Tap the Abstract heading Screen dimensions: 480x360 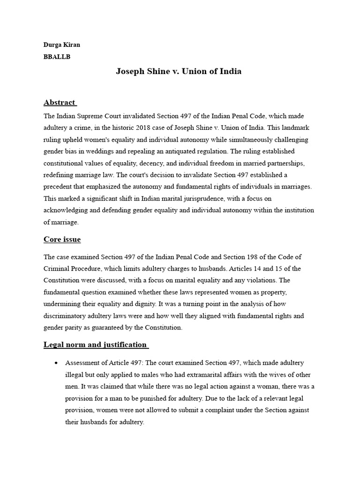coord(60,102)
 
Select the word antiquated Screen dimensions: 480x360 coord(199,152)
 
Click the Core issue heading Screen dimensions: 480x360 coord(62,240)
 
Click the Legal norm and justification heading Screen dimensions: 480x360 coord(95,345)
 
